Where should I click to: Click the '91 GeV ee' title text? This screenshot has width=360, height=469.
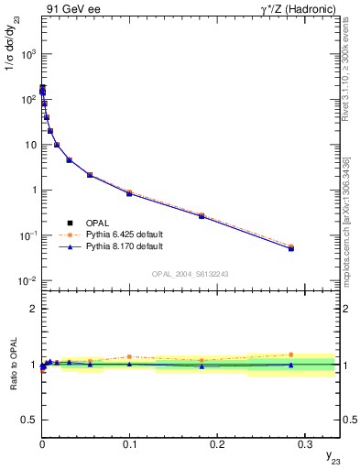(x=71, y=9)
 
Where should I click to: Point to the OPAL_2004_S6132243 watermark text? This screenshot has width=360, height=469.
(x=190, y=274)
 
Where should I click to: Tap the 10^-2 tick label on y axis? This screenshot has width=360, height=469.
(x=27, y=281)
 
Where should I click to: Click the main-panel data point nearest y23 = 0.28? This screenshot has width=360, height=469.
(x=290, y=248)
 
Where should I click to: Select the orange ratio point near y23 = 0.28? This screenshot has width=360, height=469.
(x=290, y=354)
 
